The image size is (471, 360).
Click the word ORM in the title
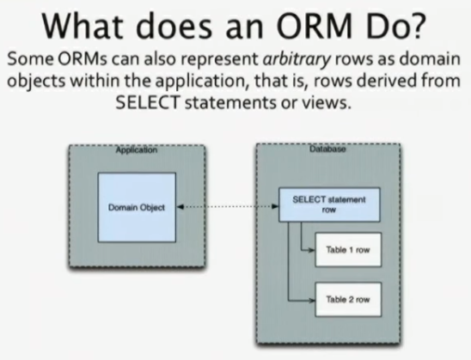tap(315, 26)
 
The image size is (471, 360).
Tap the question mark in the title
tap(417, 25)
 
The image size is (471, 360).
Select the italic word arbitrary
tap(297, 59)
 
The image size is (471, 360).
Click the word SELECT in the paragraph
tap(148, 102)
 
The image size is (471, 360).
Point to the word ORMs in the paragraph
tap(83, 58)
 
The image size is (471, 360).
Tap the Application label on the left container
tap(137, 150)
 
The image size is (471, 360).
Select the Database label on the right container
tap(327, 149)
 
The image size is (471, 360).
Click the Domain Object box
tap(137, 207)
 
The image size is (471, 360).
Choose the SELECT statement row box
tap(329, 204)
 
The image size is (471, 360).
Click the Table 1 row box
tap(348, 249)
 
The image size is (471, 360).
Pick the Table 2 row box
tap(348, 299)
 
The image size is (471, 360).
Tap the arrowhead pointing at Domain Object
tap(180, 206)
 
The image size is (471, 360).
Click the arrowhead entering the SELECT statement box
tap(275, 206)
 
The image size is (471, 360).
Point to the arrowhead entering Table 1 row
tap(312, 250)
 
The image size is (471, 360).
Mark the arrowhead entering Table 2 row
tap(312, 300)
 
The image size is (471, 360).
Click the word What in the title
tap(83, 26)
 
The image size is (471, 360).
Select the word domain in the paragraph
tap(430, 58)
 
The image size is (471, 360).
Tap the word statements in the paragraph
tap(230, 103)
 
